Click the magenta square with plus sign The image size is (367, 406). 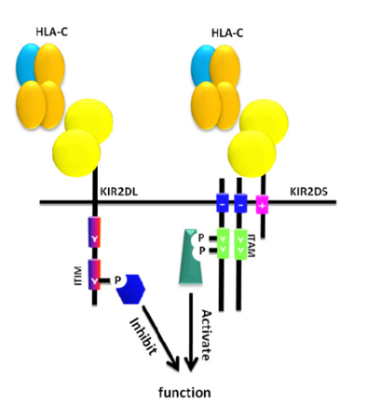(x=264, y=204)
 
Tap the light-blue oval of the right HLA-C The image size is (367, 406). (x=204, y=62)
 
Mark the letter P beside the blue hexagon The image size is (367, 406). (x=116, y=278)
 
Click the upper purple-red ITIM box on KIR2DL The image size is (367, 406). (x=94, y=233)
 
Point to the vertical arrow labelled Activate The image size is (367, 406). (x=191, y=335)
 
